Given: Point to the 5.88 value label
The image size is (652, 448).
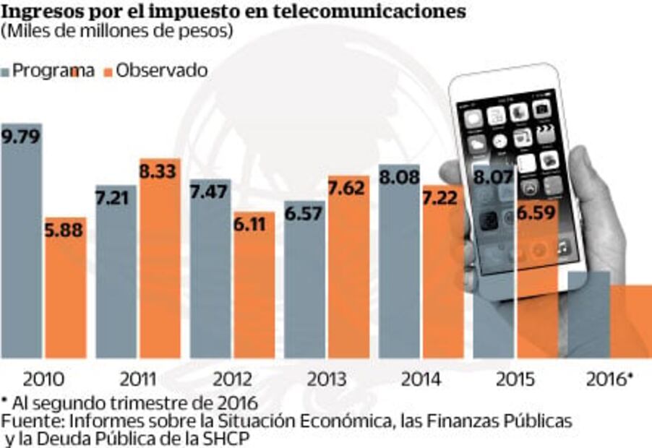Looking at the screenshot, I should point(65,231).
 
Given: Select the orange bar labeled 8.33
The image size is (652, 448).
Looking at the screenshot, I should point(160,275).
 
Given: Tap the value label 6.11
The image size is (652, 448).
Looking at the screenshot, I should point(253,225).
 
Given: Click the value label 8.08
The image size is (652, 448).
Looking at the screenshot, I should point(398,177).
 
